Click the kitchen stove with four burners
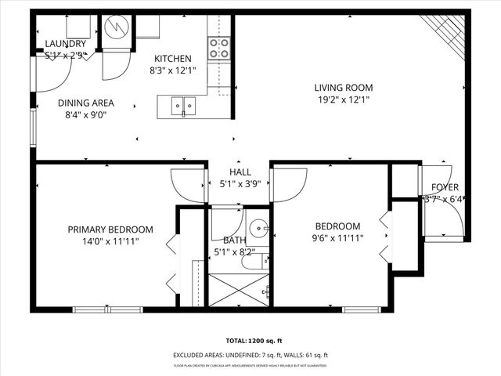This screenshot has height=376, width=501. pos(219,48)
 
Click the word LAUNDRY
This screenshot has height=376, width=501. pos(65,44)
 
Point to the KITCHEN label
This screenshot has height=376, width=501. pos(172,59)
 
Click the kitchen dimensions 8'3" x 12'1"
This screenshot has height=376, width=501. pos(172,70)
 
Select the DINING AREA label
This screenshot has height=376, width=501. pos(86,103)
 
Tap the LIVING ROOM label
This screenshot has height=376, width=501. pos(344,88)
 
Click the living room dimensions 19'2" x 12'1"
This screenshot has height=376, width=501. pos(344,99)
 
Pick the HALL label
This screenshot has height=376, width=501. pos(240,172)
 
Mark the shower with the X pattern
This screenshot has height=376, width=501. pos(240,289)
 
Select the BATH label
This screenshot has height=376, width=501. pos(234,240)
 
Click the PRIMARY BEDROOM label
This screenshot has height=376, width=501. pos(110,230)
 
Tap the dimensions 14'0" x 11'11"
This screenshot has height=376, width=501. pos(110,241)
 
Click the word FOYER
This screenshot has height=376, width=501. pos(445,187)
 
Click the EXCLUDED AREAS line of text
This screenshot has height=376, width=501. pos(251,356)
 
